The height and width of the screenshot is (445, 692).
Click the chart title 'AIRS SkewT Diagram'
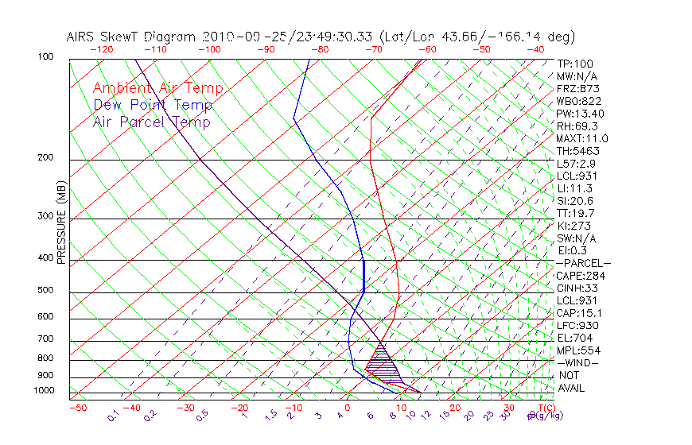point(132,37)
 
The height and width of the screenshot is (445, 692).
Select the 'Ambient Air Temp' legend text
point(157,89)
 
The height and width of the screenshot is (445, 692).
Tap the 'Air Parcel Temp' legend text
point(151,122)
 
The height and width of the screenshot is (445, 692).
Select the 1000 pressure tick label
point(45,391)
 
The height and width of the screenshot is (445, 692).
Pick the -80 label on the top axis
point(320,48)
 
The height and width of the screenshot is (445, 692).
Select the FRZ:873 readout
point(576,89)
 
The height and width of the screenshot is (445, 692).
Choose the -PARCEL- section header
point(583,263)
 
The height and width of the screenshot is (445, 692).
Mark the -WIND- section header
point(578,362)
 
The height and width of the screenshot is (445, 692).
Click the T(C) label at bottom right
point(545,408)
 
